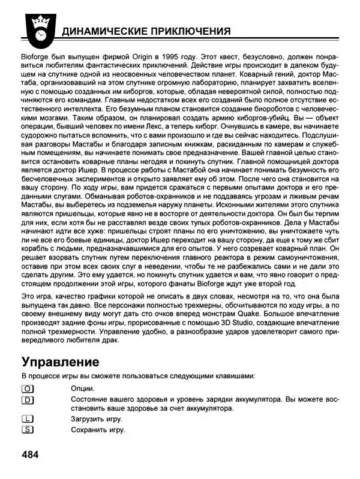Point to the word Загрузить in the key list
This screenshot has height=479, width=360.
point(89,419)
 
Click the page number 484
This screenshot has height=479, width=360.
point(31,454)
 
